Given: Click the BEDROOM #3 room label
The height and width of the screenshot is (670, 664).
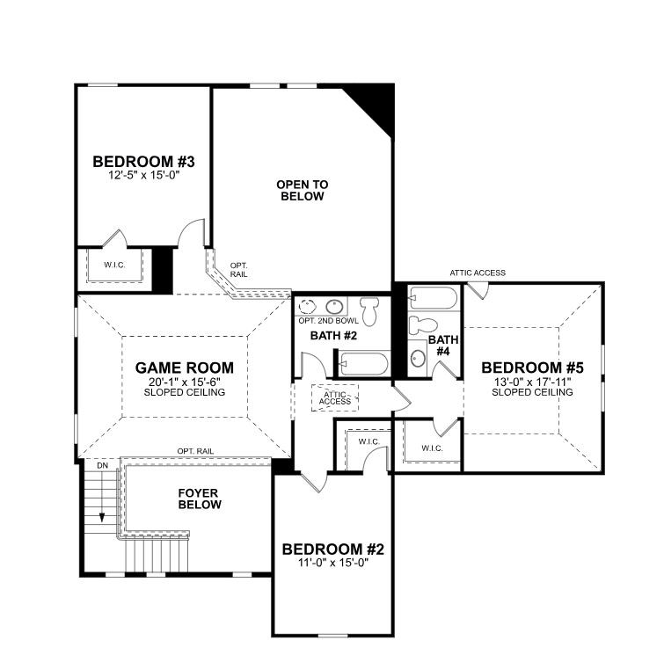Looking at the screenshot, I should tap(143, 162).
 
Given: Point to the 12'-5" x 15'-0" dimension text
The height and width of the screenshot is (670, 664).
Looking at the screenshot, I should tap(143, 175).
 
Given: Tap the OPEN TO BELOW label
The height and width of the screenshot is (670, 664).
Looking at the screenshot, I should tap(302, 190).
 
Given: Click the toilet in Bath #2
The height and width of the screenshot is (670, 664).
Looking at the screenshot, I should tap(371, 310).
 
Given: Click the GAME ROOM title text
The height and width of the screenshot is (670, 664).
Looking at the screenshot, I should tap(185, 368).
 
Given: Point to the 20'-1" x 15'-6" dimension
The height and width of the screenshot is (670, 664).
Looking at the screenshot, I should tap(185, 381).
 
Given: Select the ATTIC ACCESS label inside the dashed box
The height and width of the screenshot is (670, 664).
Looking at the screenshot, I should tap(336, 398).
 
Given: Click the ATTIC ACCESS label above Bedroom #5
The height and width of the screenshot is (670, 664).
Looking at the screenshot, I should tap(478, 273).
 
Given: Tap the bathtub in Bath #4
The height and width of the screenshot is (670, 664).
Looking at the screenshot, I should tap(433, 300).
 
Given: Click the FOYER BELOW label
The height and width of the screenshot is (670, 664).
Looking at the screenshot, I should tap(199, 499).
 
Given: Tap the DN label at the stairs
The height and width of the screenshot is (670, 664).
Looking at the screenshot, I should tap(102, 464).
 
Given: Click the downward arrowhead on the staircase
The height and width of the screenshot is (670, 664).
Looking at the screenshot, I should tap(103, 516).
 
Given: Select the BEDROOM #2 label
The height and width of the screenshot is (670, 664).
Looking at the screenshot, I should tap(332, 550).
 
